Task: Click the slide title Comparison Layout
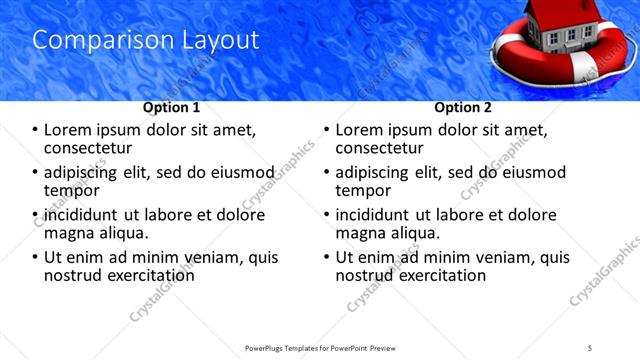pyautogui.click(x=146, y=40)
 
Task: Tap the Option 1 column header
pyautogui.click(x=171, y=107)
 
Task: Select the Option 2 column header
pyautogui.click(x=463, y=107)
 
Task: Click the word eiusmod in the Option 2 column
pyautogui.click(x=529, y=171)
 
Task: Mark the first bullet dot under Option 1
pyautogui.click(x=36, y=129)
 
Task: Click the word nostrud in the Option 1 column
pyautogui.click(x=75, y=275)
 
